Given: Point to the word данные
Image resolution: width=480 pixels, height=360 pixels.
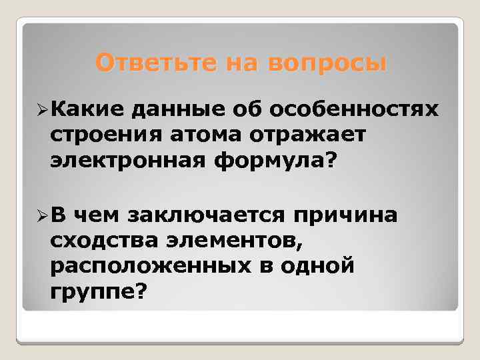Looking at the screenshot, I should point(172,109).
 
